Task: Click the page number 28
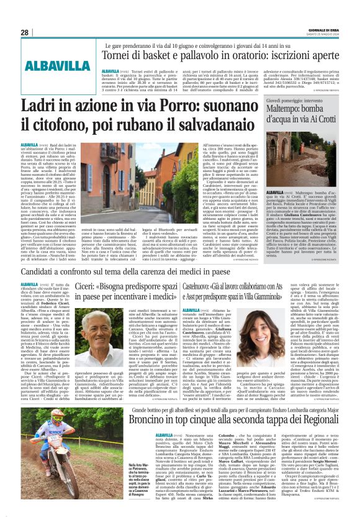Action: [x=24, y=33]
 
